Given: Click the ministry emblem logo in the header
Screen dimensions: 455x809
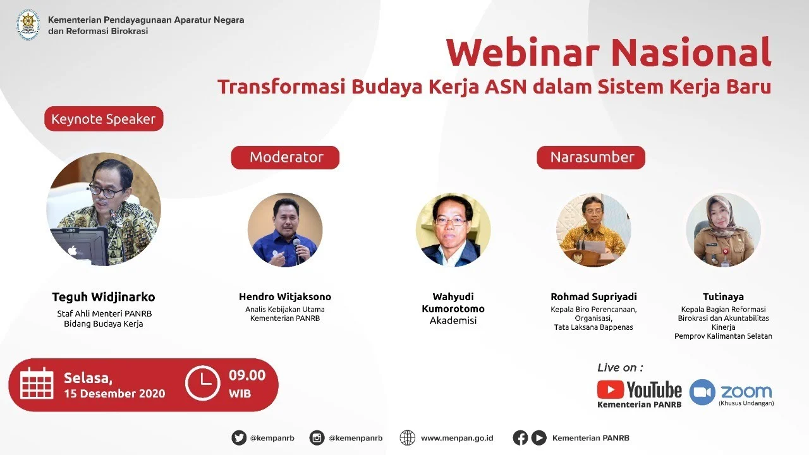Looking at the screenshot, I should click(28, 25).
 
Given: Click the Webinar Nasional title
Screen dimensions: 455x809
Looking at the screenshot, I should click(608, 53).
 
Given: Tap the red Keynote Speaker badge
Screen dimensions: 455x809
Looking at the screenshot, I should click(104, 119).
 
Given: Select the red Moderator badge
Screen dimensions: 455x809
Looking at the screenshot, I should click(286, 157).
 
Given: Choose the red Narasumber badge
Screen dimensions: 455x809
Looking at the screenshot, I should click(592, 157).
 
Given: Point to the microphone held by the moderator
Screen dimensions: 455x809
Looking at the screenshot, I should click(297, 248).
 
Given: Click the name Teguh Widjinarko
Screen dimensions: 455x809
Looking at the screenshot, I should click(104, 297).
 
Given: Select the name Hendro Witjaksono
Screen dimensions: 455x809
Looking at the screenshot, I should click(285, 296).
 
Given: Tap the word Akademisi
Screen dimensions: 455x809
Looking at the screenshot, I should click(453, 321).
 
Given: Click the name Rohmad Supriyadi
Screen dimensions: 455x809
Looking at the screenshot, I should click(593, 296).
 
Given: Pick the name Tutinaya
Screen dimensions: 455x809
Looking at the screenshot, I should click(723, 296).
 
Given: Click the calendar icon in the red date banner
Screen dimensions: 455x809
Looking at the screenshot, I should click(37, 384).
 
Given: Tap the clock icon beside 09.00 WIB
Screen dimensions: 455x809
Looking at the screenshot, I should click(202, 384).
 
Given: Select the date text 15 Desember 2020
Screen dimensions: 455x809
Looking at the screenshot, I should click(114, 394).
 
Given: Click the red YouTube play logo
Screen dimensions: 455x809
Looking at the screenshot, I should click(611, 389).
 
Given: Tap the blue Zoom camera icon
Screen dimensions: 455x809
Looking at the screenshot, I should click(702, 392).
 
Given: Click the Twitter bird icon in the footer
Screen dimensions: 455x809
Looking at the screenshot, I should click(239, 438).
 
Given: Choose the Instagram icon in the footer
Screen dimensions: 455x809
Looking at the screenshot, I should click(317, 438).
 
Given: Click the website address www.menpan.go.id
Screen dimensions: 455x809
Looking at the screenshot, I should click(457, 438).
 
